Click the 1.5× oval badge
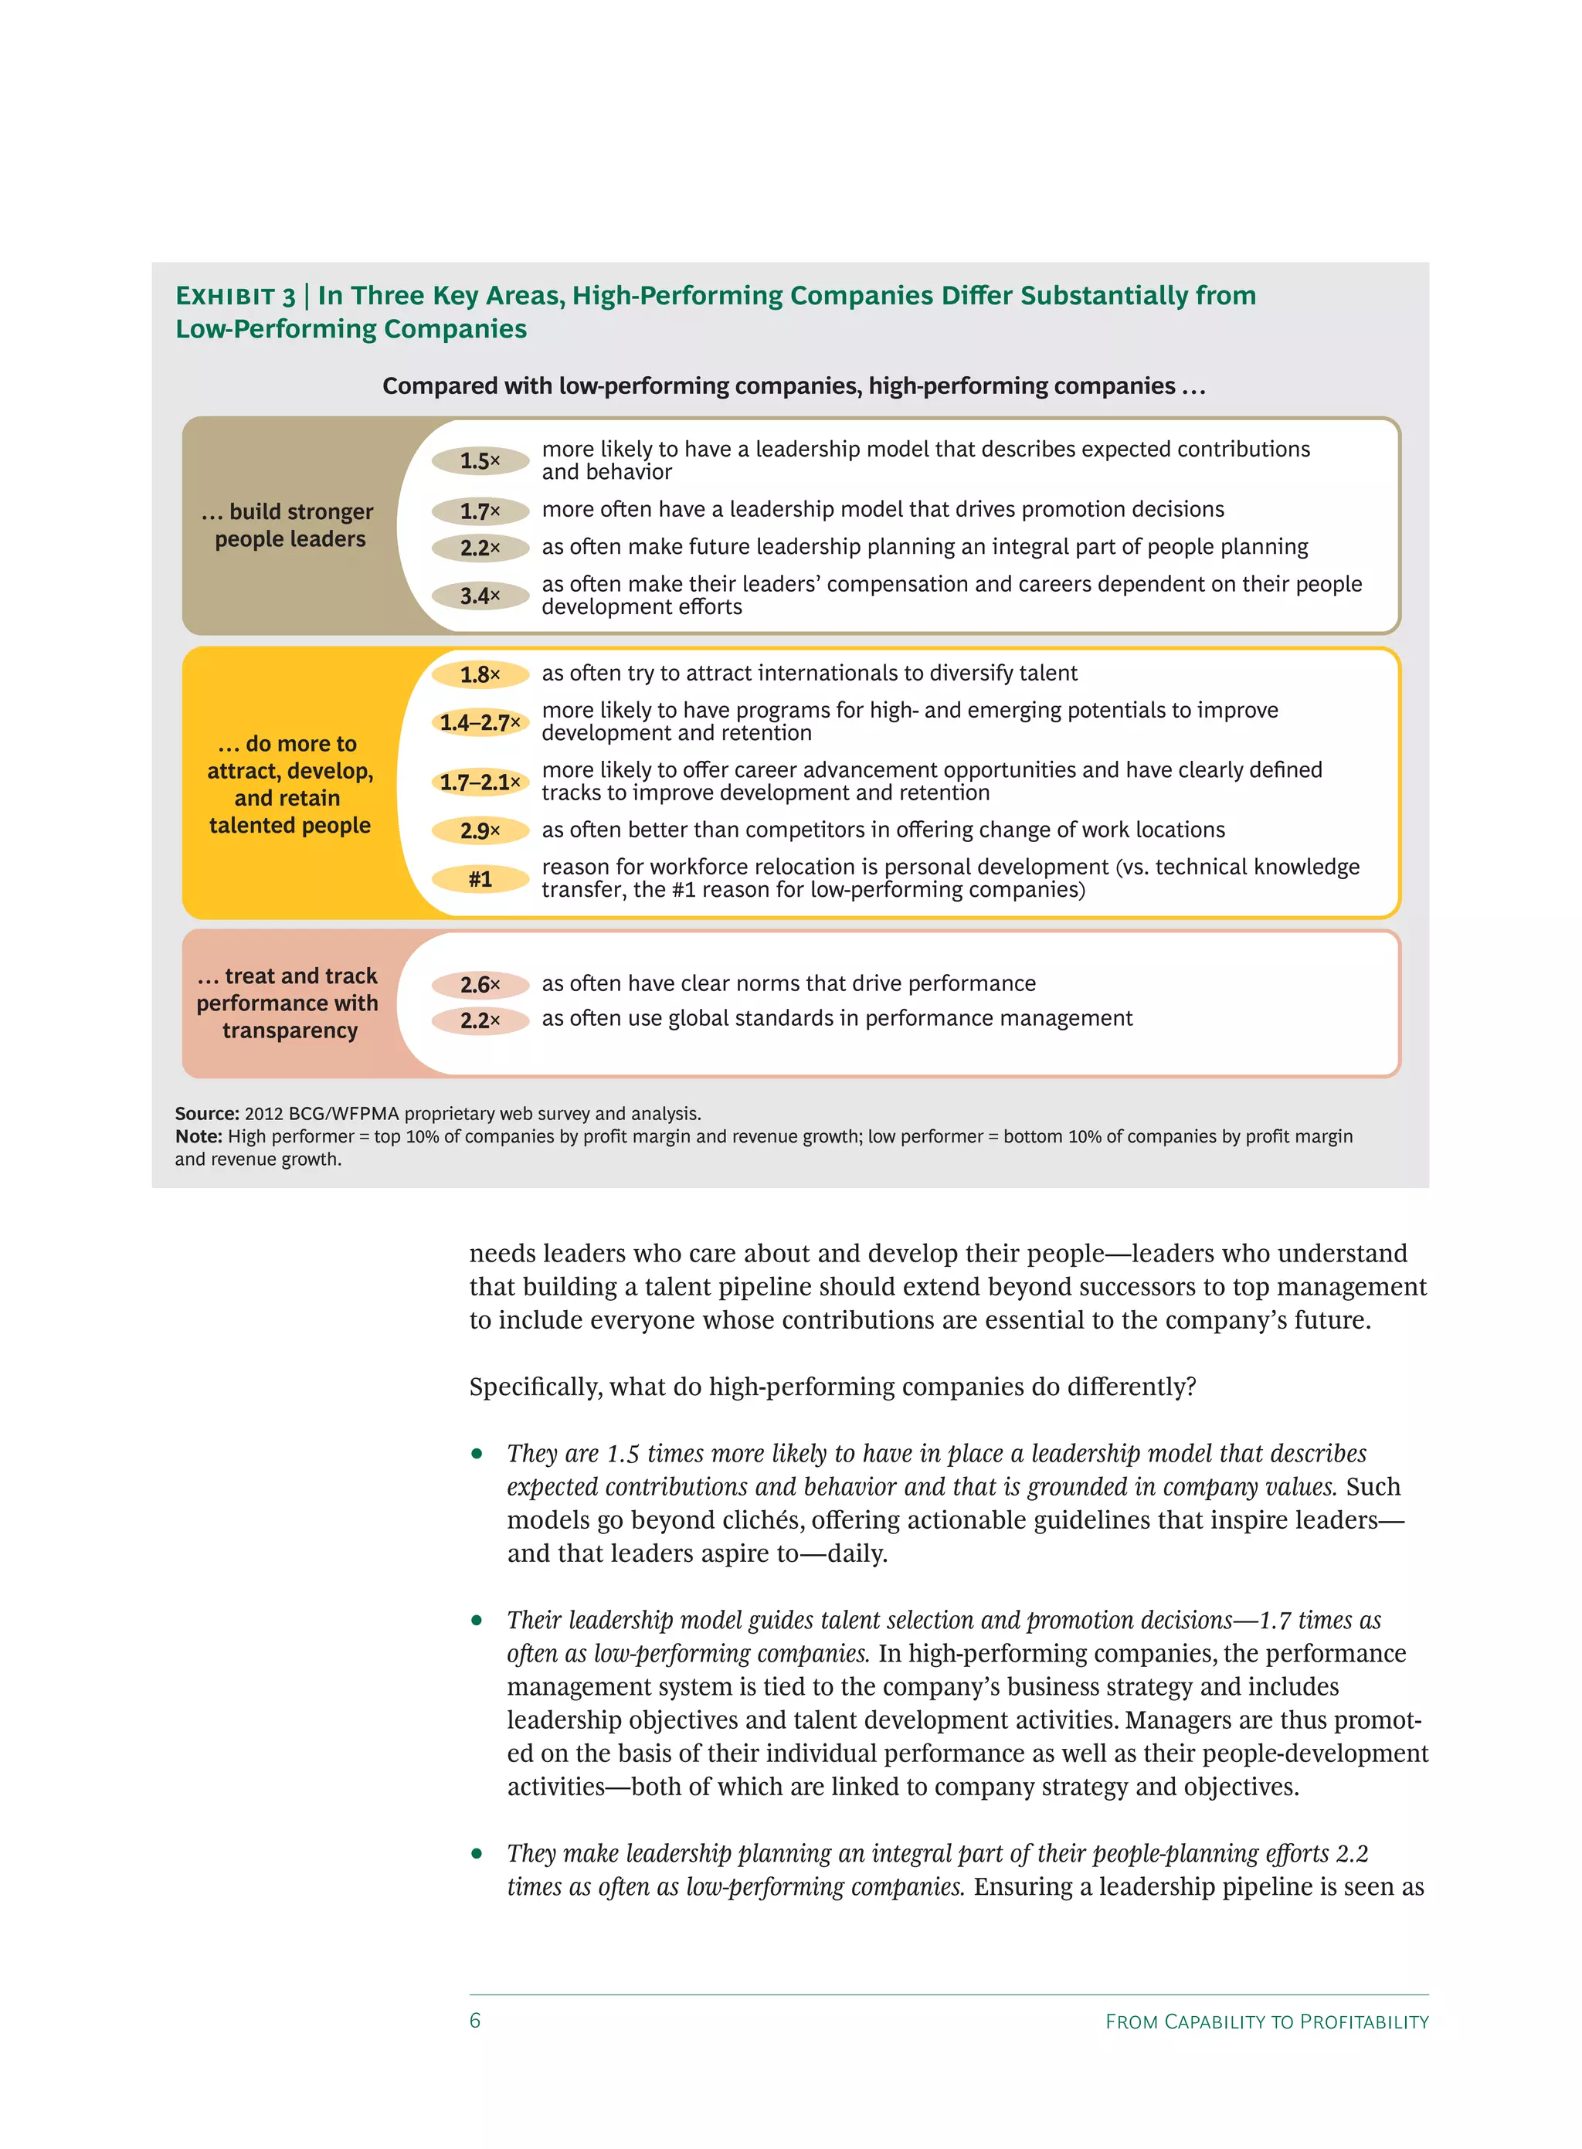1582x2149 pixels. click(x=480, y=460)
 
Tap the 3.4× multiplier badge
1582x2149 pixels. click(x=480, y=596)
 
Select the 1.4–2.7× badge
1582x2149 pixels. click(x=480, y=722)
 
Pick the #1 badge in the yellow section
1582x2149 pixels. click(x=480, y=878)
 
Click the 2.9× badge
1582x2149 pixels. click(x=480, y=830)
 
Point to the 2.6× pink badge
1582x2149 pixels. click(x=480, y=984)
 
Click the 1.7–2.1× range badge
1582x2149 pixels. click(x=480, y=783)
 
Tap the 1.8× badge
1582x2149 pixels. click(x=480, y=674)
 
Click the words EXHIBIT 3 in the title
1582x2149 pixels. click(x=235, y=296)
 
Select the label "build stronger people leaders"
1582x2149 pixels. click(x=289, y=525)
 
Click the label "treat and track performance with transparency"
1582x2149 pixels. click(x=288, y=1003)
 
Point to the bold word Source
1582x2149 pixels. click(x=206, y=1114)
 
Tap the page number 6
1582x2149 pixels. click(x=475, y=2020)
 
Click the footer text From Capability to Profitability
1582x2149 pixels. click(x=1266, y=2022)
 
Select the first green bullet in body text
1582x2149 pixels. click(x=477, y=1454)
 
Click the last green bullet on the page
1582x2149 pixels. click(x=477, y=1853)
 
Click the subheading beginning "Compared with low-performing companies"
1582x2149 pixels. click(x=793, y=386)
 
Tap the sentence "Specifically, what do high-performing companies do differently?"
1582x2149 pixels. click(x=832, y=1387)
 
